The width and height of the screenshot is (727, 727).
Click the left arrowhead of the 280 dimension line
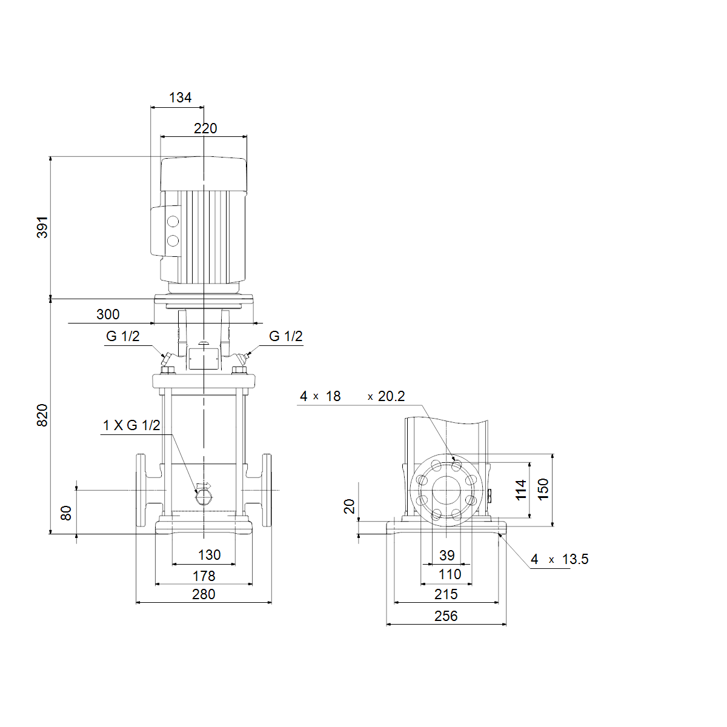(x=136, y=602)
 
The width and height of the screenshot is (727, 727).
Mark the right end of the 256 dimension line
(x=506, y=625)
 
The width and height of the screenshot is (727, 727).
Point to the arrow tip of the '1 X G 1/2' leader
(x=197, y=493)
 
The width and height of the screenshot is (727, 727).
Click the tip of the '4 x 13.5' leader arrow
(x=499, y=533)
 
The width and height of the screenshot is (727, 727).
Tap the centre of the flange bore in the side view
(x=446, y=490)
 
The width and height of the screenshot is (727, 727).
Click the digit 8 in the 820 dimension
(x=42, y=423)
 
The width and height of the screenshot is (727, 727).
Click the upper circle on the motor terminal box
(x=173, y=222)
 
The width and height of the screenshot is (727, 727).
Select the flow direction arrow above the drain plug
(x=204, y=486)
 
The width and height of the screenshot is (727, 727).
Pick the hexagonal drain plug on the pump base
(x=204, y=499)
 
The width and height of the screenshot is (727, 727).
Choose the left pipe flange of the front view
(x=141, y=490)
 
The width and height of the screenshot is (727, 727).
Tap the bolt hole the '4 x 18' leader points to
(x=457, y=466)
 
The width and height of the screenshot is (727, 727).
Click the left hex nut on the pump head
(x=168, y=370)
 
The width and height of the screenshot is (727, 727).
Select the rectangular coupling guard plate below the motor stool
(x=204, y=359)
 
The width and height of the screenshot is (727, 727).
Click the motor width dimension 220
(x=205, y=128)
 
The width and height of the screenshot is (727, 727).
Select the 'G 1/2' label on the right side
(x=285, y=336)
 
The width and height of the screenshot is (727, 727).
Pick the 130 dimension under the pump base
(x=210, y=555)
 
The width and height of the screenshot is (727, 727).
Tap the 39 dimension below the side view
(x=447, y=556)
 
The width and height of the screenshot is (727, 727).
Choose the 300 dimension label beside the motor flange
(x=108, y=314)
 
